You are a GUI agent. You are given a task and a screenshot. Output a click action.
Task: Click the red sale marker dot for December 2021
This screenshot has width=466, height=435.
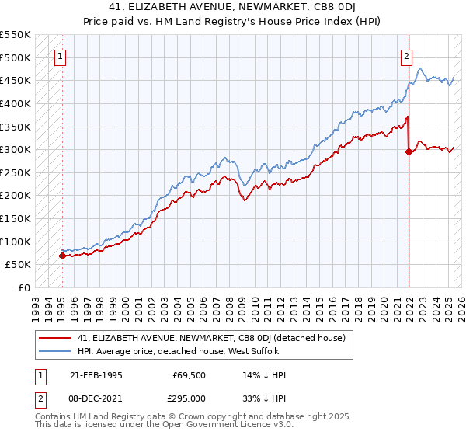(x=409, y=152)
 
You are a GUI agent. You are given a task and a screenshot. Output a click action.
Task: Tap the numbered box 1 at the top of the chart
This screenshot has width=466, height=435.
(x=61, y=55)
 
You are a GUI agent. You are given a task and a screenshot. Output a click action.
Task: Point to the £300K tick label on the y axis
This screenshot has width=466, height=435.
(x=15, y=149)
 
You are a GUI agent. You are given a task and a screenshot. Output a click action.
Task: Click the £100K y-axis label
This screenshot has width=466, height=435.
(x=15, y=242)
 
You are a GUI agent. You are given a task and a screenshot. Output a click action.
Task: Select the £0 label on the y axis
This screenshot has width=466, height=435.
(x=23, y=287)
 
